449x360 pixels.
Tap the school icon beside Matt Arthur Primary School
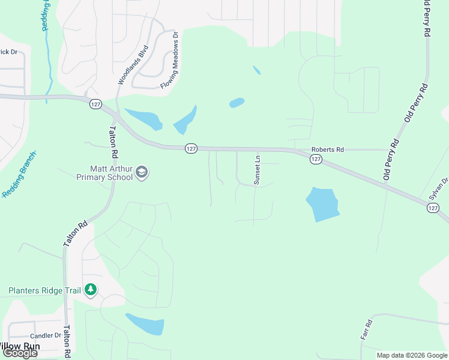[142, 173]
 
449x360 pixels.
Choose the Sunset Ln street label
[257, 170]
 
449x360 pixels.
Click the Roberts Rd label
[327, 150]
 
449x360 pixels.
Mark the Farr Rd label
[367, 330]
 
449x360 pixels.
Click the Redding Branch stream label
[19, 175]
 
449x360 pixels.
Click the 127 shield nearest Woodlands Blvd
[95, 104]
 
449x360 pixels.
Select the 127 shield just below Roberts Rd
[316, 159]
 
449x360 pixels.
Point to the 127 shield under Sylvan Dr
[433, 208]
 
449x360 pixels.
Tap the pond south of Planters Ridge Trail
[145, 324]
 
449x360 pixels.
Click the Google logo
[19, 353]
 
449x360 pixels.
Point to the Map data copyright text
[412, 355]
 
